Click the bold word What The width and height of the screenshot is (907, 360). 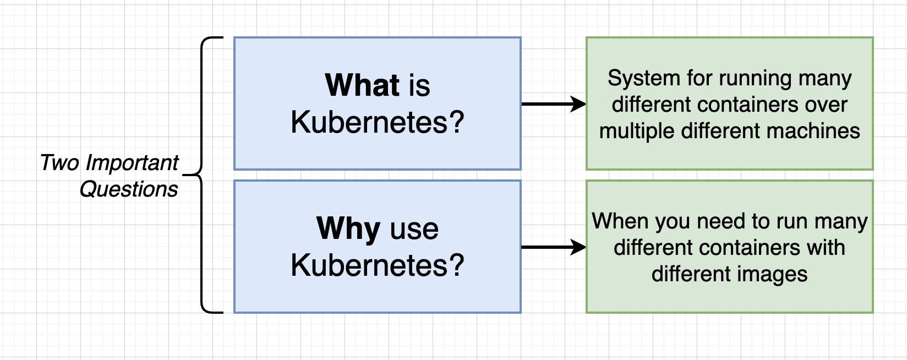362,86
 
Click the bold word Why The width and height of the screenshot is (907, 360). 348,228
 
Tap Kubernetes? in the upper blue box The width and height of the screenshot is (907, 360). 378,122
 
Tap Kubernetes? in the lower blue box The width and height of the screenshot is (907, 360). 378,265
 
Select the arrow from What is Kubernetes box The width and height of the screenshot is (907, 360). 553,103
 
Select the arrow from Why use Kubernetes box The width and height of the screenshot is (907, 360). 553,247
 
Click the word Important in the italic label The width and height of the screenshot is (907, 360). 132,163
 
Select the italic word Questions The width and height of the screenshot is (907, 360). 129,189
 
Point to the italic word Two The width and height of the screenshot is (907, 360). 61,163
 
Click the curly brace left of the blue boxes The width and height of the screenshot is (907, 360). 203,175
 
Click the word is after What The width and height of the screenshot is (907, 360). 419,86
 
